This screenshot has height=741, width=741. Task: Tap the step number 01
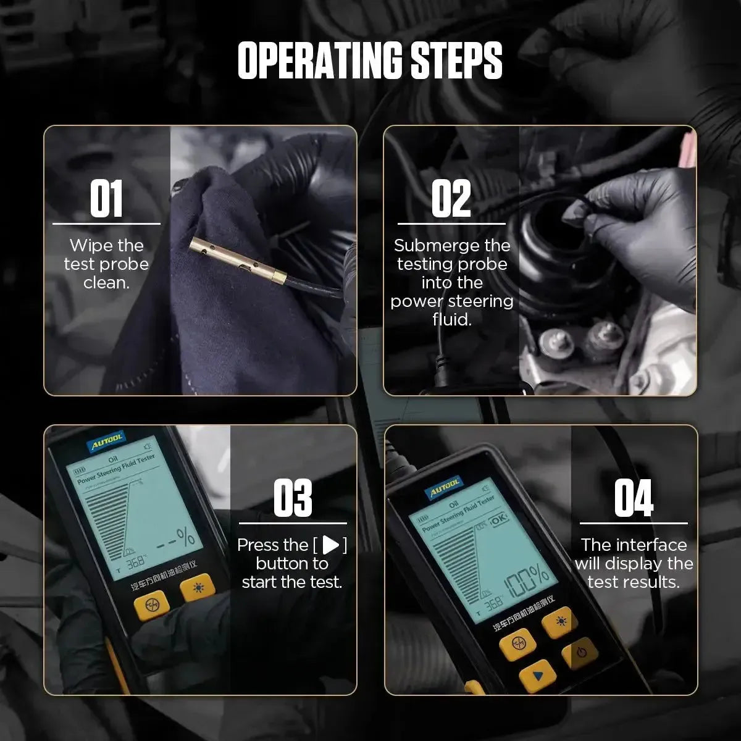pyautogui.click(x=106, y=199)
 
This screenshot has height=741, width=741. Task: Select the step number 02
pyautogui.click(x=451, y=199)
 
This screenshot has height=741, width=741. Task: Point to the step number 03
pyautogui.click(x=292, y=498)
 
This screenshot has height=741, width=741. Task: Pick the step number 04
pyautogui.click(x=633, y=498)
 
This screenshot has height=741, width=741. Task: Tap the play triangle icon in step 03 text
pyautogui.click(x=331, y=545)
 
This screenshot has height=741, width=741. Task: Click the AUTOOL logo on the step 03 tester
pyautogui.click(x=107, y=441)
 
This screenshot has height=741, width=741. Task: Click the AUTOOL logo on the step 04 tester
pyautogui.click(x=443, y=488)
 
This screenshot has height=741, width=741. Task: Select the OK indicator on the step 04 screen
pyautogui.click(x=498, y=519)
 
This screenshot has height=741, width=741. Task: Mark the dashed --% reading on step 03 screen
pyautogui.click(x=176, y=538)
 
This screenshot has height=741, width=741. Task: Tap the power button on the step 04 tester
pyautogui.click(x=579, y=652)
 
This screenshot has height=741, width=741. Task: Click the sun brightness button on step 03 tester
pyautogui.click(x=198, y=587)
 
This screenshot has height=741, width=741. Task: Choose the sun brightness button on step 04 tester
pyautogui.click(x=560, y=621)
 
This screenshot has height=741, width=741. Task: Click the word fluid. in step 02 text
pyautogui.click(x=451, y=319)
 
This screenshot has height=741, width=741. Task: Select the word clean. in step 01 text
pyautogui.click(x=106, y=283)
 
